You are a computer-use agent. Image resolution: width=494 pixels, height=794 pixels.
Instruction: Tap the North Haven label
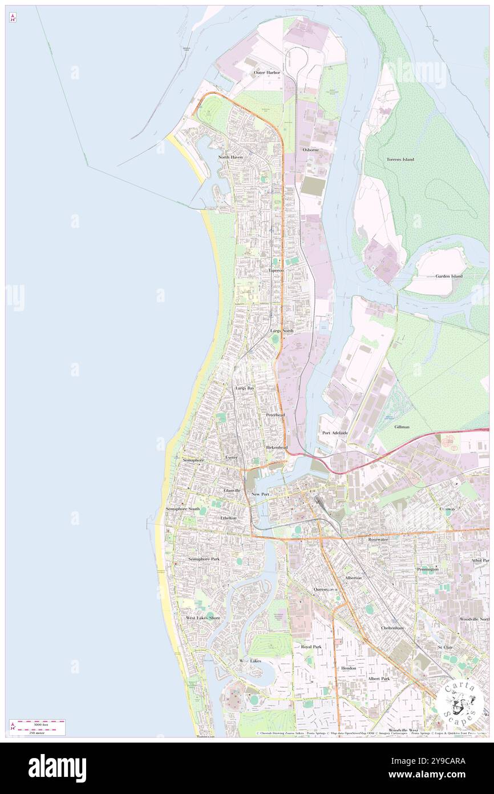(x=231, y=157)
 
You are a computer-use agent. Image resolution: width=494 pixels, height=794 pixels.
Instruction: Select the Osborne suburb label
(x=311, y=150)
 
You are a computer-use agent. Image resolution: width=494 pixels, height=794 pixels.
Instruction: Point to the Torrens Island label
(x=400, y=159)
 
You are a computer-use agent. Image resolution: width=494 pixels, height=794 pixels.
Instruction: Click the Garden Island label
(x=449, y=276)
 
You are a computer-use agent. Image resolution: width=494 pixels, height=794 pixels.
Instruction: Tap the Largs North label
(x=282, y=331)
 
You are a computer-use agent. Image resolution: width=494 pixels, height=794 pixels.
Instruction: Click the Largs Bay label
(x=245, y=388)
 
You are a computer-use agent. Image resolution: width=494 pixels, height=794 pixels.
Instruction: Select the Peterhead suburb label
(x=275, y=415)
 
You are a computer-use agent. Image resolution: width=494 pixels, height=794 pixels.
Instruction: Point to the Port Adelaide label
(x=334, y=433)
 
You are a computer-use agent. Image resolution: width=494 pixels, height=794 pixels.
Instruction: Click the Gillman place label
(x=402, y=427)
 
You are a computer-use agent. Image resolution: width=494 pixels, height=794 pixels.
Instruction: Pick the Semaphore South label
(x=183, y=508)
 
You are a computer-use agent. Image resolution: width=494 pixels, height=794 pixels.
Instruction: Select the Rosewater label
(x=378, y=539)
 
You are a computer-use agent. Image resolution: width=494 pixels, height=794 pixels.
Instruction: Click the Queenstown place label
(x=325, y=589)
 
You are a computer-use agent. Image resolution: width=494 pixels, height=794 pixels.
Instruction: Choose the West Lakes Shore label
(x=203, y=618)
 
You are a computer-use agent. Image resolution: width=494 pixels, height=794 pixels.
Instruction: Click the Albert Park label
(x=379, y=679)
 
